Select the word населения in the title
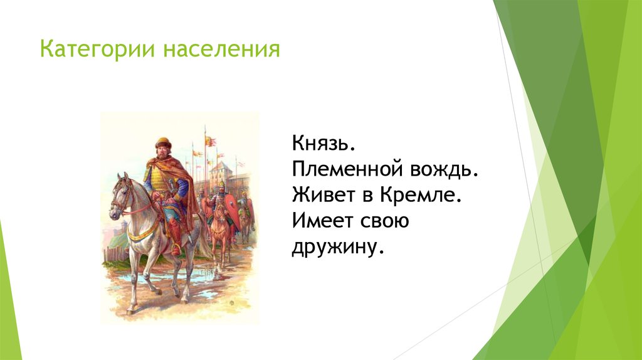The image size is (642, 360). (x=222, y=49)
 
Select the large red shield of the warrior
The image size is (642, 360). (x=233, y=209)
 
